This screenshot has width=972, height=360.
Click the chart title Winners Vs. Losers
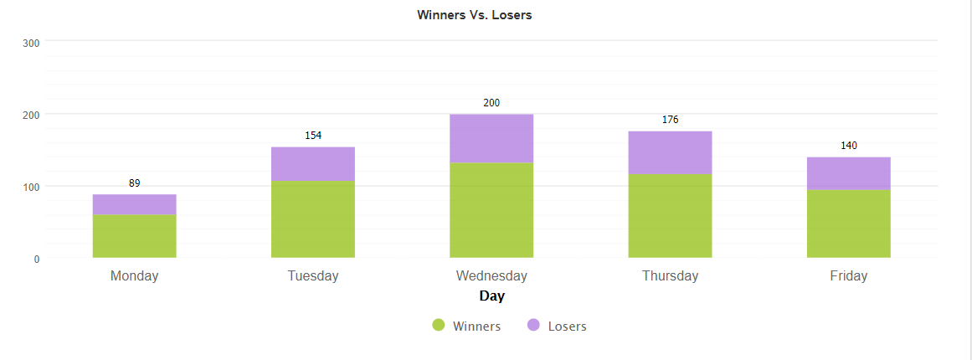coord(474,15)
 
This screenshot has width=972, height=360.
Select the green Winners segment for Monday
coord(134,236)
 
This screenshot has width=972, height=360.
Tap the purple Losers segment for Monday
coord(134,204)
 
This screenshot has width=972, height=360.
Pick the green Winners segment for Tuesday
coord(312,219)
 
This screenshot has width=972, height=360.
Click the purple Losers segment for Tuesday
coord(312,164)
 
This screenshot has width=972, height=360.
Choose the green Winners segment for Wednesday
coord(491,209)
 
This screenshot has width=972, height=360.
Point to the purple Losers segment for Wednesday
coord(491,138)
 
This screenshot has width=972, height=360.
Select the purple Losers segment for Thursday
coord(670,152)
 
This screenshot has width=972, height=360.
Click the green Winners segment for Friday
coord(848,224)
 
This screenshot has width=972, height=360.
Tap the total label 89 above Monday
coord(134,183)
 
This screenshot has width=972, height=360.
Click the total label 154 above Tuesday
coord(313,136)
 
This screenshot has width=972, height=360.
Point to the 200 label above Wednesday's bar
coord(491,103)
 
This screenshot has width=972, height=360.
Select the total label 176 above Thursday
coord(670,120)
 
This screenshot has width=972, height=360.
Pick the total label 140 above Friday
coord(848,146)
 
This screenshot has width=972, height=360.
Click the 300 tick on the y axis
coord(31,44)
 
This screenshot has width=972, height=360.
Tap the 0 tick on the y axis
coord(37,260)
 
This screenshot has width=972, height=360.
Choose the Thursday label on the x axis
coord(670,276)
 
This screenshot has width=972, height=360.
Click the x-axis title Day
coord(491,296)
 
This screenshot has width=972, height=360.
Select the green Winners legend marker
coord(439,326)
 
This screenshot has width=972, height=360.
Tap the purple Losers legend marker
coord(533,326)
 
